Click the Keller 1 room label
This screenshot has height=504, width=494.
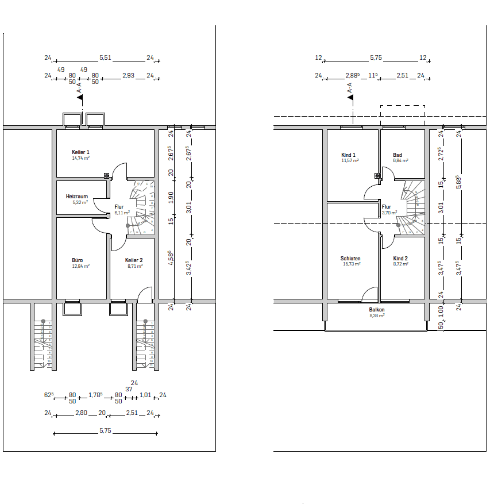point(80,152)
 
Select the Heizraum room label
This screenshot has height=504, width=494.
point(76,196)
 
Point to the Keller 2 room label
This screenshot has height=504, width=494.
point(134,260)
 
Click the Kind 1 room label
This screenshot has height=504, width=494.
point(349,155)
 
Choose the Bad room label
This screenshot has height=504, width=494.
point(397,155)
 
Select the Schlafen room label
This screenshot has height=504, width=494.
point(350,258)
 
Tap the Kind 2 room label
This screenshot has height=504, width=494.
point(400,258)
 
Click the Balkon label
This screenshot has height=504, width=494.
point(377,309)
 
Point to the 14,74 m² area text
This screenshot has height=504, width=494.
point(80,157)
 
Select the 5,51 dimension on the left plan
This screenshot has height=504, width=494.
point(105,57)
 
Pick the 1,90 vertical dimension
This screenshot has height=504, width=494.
point(171,197)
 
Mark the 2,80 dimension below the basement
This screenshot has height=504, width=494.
point(81,413)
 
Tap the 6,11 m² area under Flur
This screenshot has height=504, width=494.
point(119,212)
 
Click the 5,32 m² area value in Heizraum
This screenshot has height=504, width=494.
point(76,202)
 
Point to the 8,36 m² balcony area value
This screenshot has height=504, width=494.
point(377,315)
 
